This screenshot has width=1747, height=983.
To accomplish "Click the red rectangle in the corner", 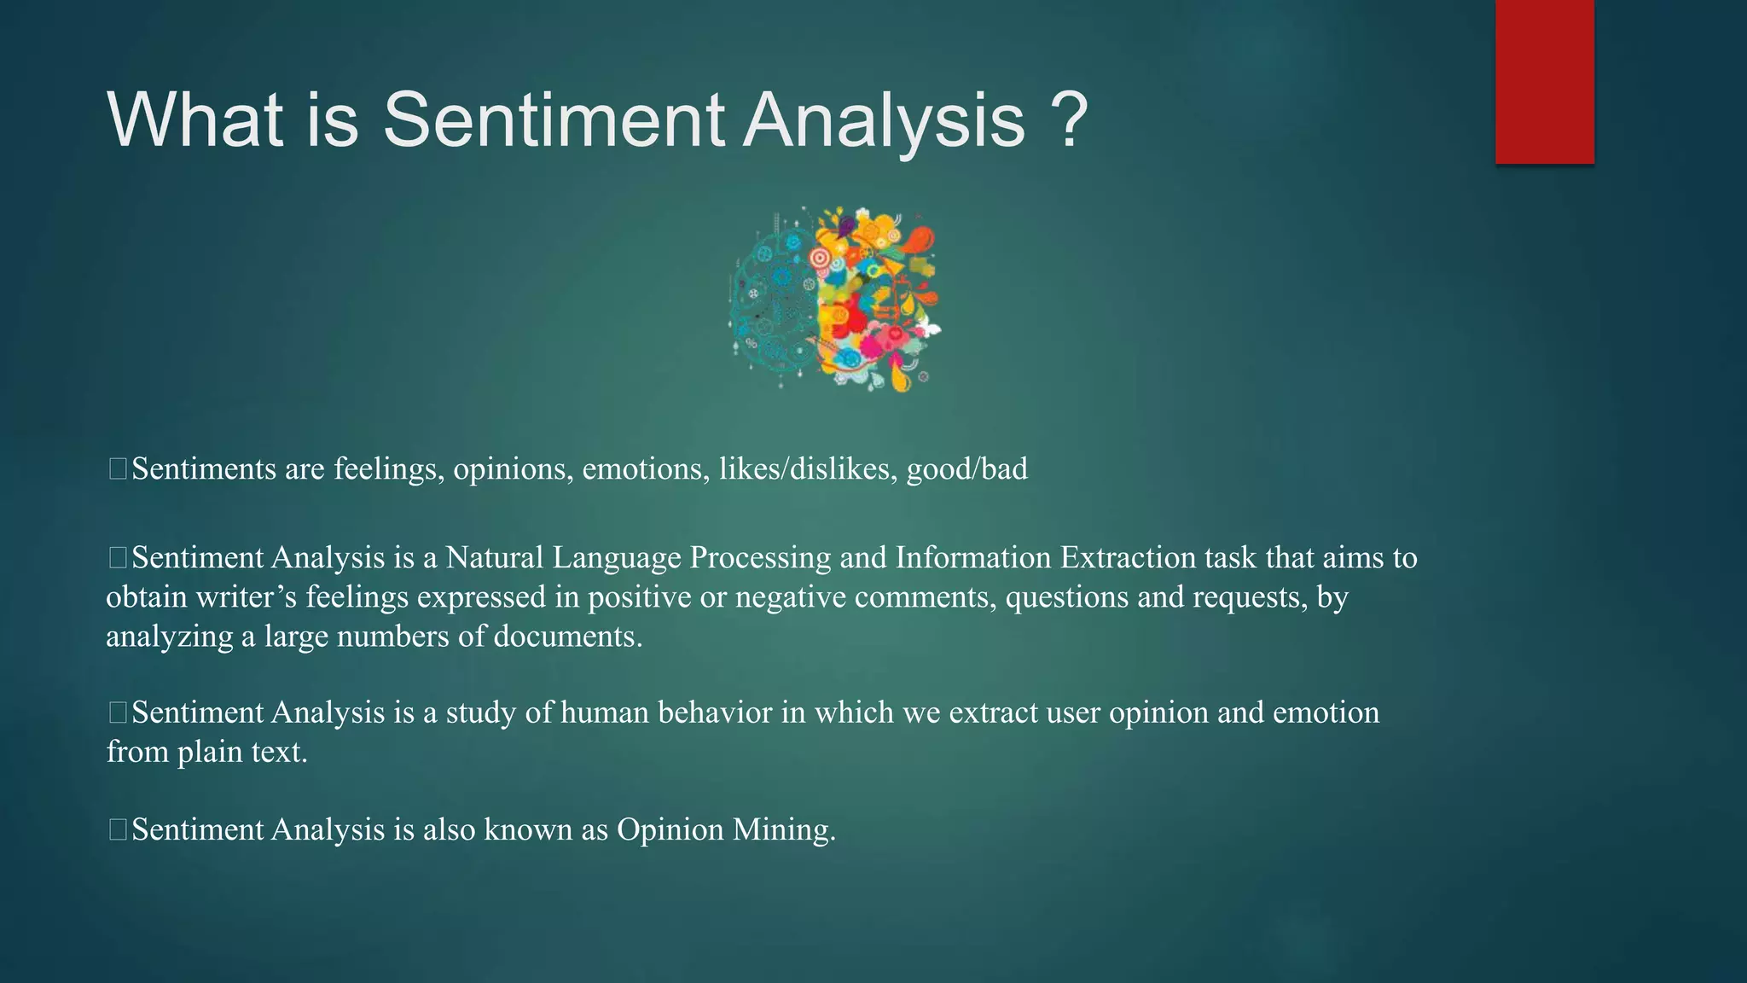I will coord(1544,81).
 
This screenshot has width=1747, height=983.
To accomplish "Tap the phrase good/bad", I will coord(966,469).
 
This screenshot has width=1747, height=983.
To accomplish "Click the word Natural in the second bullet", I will coord(494,558).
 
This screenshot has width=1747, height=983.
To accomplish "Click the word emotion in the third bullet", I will coord(1326,713).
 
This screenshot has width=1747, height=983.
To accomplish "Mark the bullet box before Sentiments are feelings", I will coord(118,468).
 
